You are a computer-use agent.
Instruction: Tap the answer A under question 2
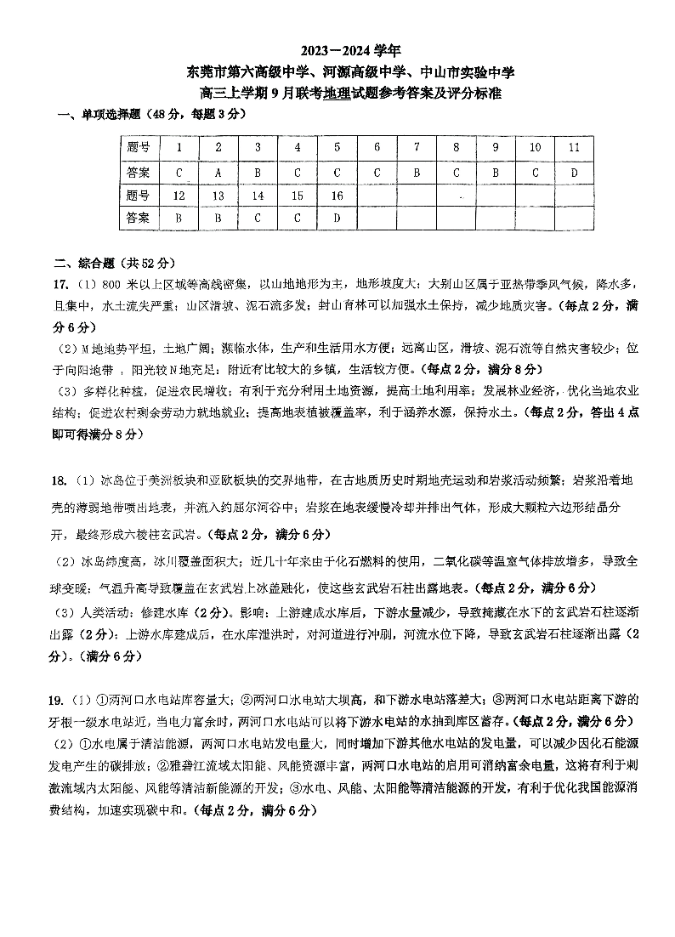tap(218, 172)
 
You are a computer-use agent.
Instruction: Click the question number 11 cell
tap(574, 147)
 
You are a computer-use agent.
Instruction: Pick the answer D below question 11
tap(574, 172)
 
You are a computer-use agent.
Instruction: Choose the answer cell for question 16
tap(337, 218)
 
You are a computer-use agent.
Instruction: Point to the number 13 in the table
tap(218, 196)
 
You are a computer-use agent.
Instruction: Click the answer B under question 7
tap(417, 172)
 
